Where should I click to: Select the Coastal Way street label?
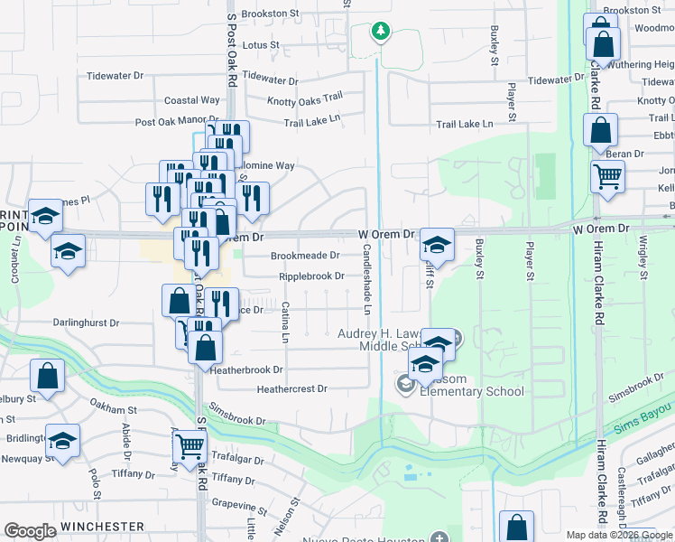click(191, 100)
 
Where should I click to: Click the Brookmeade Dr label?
click(305, 256)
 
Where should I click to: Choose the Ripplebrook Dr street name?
click(311, 276)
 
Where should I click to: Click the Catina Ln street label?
click(284, 322)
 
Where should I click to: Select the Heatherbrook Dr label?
click(246, 369)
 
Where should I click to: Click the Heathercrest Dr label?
click(291, 389)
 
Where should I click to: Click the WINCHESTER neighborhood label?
click(103, 527)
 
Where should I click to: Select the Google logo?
click(30, 531)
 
